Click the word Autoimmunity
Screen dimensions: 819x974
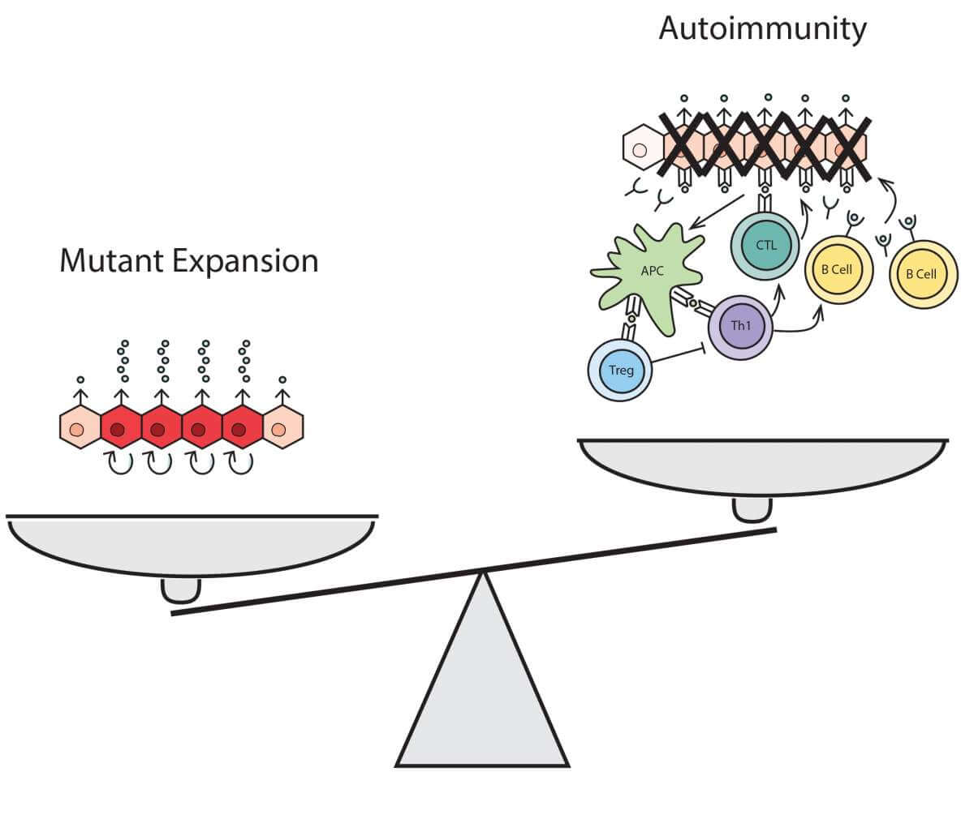(762, 28)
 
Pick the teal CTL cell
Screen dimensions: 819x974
(765, 245)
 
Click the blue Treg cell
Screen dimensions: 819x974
(620, 371)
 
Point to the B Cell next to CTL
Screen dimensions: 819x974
(838, 269)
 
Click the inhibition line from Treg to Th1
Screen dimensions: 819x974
(679, 356)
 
